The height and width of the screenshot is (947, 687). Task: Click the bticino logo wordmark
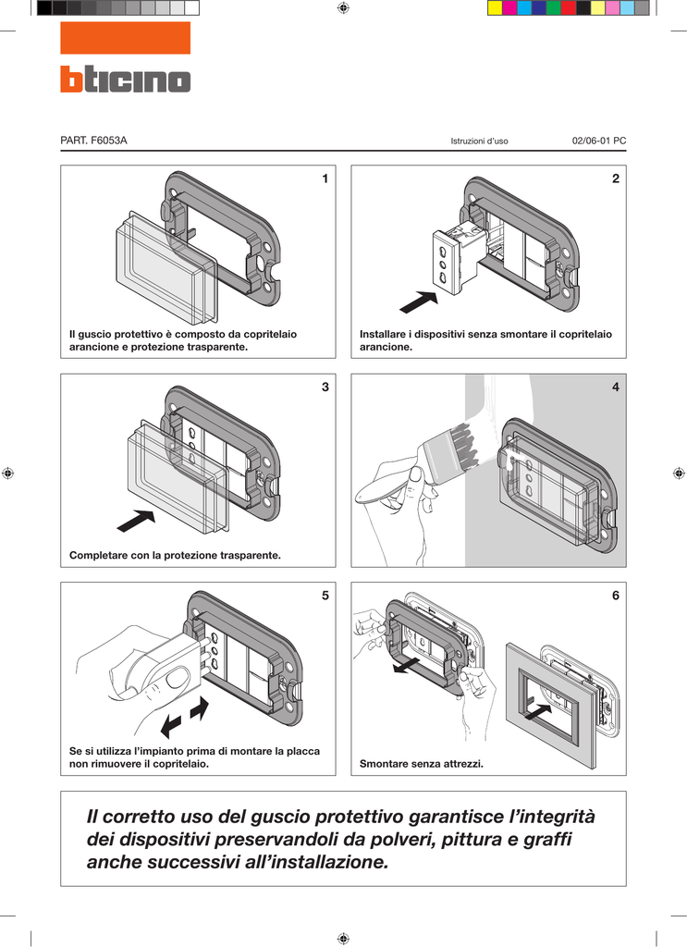(x=125, y=80)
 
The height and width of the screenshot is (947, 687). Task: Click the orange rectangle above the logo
(x=125, y=38)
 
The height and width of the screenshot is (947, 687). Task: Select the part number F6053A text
(x=93, y=141)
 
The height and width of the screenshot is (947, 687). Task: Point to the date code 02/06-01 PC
(x=599, y=141)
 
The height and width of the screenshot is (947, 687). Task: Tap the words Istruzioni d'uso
(x=479, y=141)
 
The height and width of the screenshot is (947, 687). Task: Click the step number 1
(x=325, y=178)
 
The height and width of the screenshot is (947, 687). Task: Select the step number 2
(x=615, y=178)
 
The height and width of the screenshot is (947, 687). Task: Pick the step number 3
(x=325, y=387)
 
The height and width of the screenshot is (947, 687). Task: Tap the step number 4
(x=615, y=387)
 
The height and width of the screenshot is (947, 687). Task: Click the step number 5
(x=325, y=596)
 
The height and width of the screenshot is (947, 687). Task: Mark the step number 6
(x=615, y=596)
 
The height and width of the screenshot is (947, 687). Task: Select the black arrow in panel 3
(x=135, y=521)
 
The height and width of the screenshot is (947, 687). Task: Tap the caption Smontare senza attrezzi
(x=422, y=764)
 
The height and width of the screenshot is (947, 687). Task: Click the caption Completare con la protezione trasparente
(x=175, y=556)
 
